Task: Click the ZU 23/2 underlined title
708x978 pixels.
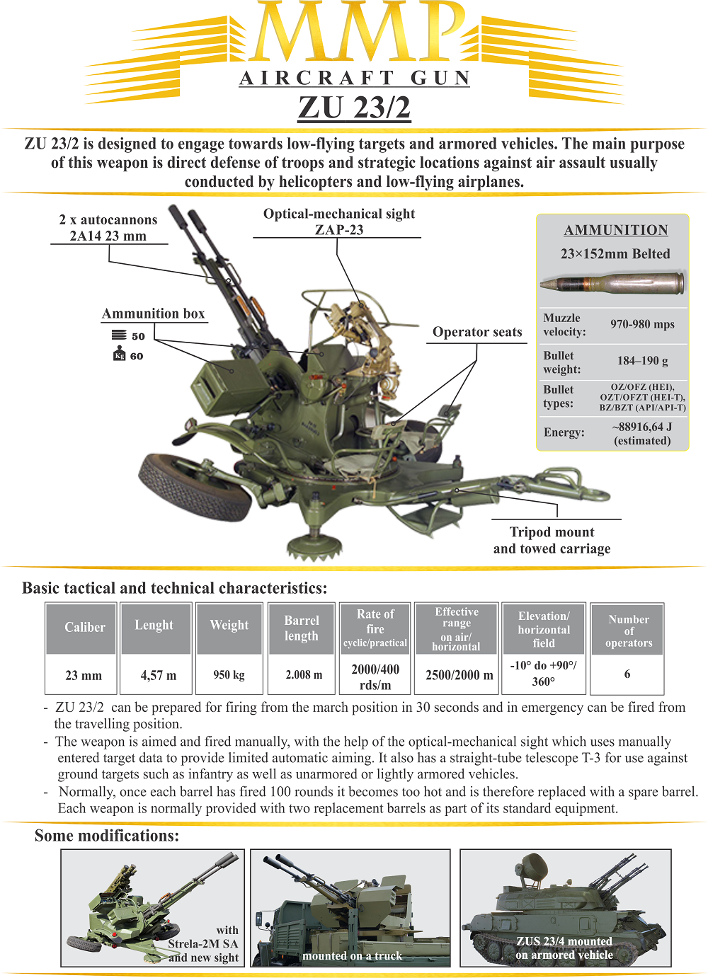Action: pyautogui.click(x=354, y=108)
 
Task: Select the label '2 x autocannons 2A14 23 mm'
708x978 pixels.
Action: pyautogui.click(x=108, y=227)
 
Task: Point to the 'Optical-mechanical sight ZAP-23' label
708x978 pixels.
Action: pyautogui.click(x=339, y=222)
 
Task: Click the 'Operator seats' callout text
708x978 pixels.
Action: pyautogui.click(x=477, y=333)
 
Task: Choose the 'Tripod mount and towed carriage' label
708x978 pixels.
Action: pyautogui.click(x=552, y=540)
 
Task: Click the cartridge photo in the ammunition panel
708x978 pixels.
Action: pyautogui.click(x=612, y=283)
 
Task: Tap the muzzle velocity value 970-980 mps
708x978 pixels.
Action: pyautogui.click(x=642, y=324)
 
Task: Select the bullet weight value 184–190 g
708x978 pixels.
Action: pyautogui.click(x=642, y=361)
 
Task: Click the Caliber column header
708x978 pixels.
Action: pyautogui.click(x=85, y=628)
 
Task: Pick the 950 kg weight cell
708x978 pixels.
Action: pyautogui.click(x=229, y=675)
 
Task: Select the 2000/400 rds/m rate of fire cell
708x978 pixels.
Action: pyautogui.click(x=375, y=677)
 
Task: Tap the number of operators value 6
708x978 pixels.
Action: pyautogui.click(x=627, y=674)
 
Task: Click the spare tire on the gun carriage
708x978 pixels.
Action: pyautogui.click(x=195, y=488)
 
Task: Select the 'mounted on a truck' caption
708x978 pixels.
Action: pyautogui.click(x=352, y=956)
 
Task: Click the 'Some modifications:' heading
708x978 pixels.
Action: pyautogui.click(x=107, y=836)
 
